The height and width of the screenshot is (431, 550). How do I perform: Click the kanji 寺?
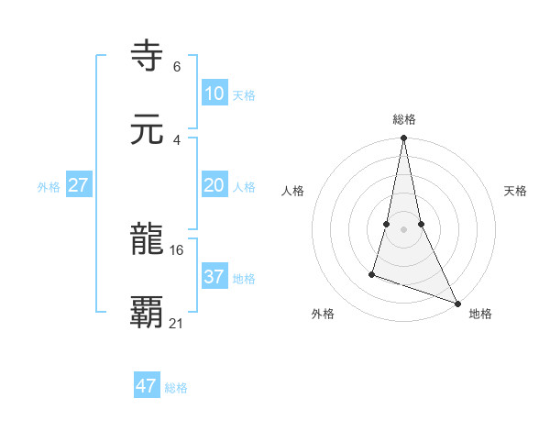[148, 56]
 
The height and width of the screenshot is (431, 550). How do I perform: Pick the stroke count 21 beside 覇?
[177, 323]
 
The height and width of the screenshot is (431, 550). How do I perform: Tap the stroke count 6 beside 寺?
[177, 67]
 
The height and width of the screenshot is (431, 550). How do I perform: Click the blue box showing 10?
[214, 94]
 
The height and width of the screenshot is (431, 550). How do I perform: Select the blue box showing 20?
[214, 185]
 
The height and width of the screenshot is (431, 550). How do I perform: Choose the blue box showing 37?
[214, 277]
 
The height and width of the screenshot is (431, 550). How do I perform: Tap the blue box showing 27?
[79, 185]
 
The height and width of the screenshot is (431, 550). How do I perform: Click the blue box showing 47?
[147, 386]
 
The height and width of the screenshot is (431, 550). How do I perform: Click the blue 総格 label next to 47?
[176, 388]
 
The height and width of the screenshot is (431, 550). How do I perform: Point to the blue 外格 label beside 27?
[49, 187]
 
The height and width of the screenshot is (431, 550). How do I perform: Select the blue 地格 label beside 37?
[244, 279]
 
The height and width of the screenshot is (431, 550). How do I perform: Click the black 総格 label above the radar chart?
[404, 119]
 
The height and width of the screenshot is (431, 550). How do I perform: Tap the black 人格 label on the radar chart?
[293, 191]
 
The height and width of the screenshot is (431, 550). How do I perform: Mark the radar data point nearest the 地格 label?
[456, 303]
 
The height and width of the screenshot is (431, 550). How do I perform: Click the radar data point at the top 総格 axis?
[403, 138]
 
